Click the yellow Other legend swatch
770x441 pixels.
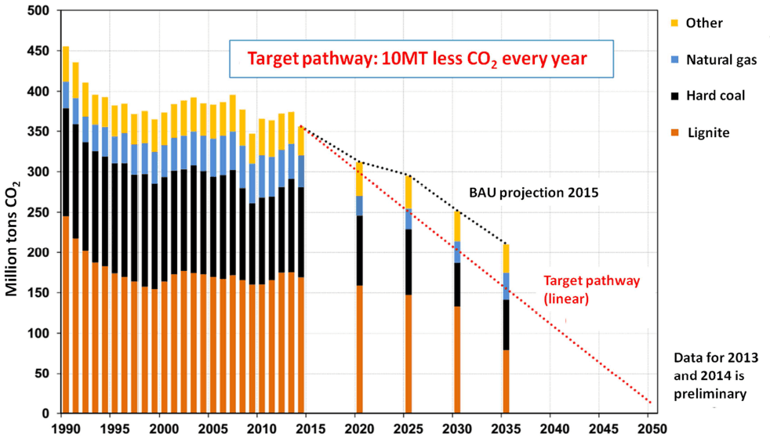[674, 23]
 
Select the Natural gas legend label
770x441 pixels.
[721, 60]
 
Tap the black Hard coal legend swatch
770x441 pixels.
[674, 96]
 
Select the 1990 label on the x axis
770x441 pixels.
[65, 429]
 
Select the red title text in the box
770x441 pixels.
[417, 58]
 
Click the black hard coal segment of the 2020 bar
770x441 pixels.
[359, 250]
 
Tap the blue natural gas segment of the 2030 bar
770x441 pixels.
[457, 252]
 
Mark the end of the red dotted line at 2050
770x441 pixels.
[649, 403]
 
